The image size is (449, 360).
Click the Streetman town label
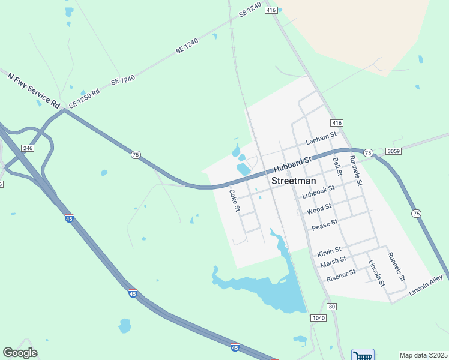click(294, 181)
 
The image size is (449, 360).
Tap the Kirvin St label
click(329, 250)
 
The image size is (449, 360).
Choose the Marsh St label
click(333, 261)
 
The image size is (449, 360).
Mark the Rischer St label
click(341, 275)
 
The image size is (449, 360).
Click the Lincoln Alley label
click(426, 285)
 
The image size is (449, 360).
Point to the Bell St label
click(337, 166)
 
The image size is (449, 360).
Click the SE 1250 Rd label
click(84, 98)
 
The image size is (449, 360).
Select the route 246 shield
click(28, 148)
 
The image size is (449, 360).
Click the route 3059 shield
click(394, 151)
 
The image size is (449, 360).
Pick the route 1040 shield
click(318, 317)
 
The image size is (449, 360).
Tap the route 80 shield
click(332, 307)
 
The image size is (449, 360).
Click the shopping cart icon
click(362, 355)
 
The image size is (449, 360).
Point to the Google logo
click(20, 353)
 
